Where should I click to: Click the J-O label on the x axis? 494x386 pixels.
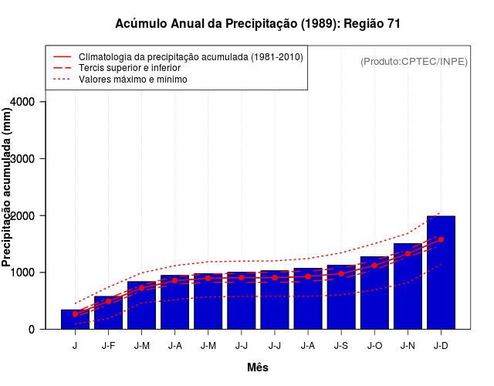374,346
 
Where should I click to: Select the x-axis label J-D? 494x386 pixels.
441,346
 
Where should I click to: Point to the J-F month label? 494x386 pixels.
108,346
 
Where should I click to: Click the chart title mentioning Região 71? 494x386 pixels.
258,24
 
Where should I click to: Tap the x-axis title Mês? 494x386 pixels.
258,367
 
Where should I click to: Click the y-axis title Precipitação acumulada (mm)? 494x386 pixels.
8,188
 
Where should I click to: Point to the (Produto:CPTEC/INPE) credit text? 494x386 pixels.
414,62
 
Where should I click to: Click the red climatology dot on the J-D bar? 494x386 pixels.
441,239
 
